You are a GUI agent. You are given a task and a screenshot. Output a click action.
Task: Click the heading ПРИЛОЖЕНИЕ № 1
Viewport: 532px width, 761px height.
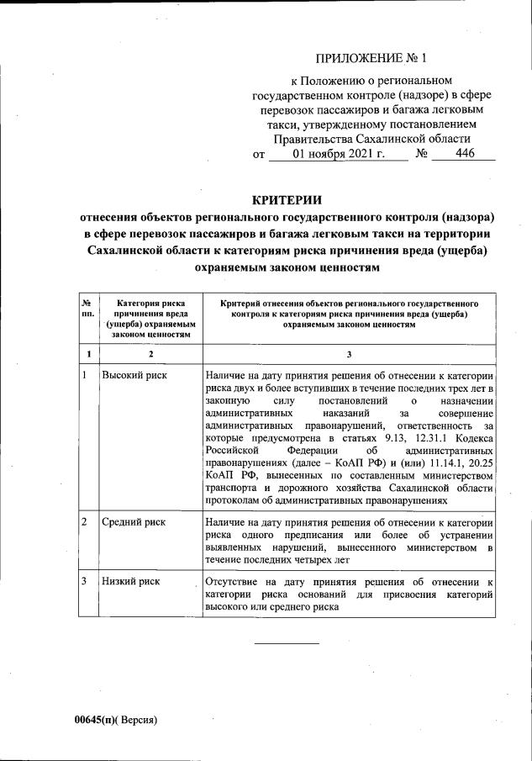coord(371,58)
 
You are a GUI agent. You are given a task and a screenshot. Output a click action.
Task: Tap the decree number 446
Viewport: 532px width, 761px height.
coord(464,154)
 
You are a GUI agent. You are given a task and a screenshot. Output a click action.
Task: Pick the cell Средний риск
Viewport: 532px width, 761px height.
coord(134,522)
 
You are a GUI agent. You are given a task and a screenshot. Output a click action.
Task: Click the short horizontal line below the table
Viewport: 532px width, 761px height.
coord(287,643)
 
